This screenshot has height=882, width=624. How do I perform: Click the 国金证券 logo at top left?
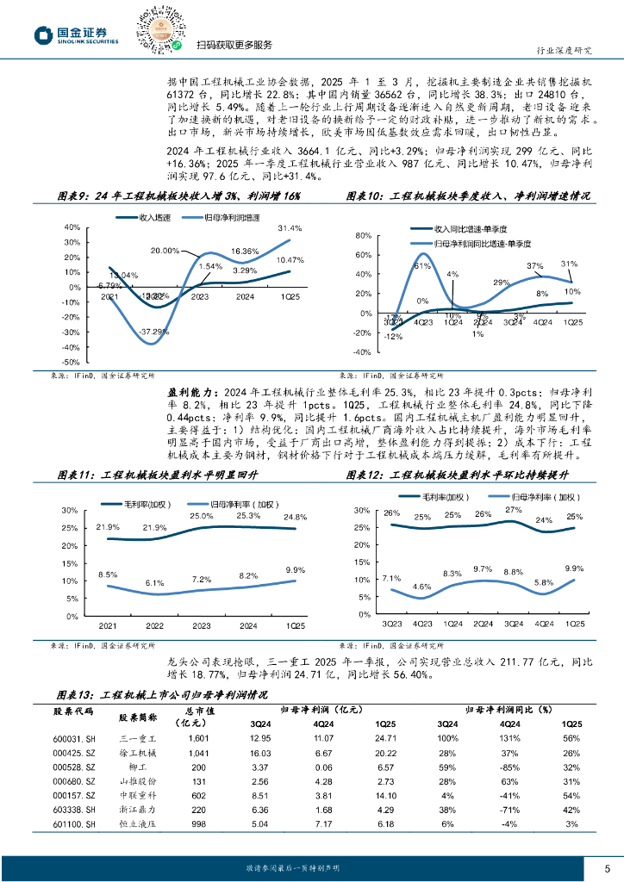pyautogui.click(x=76, y=34)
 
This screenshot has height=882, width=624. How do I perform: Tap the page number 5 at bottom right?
pyautogui.click(x=607, y=867)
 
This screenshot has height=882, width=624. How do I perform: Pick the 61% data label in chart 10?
pyautogui.click(x=421, y=266)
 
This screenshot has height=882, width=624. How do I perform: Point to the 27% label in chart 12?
pyautogui.click(x=514, y=510)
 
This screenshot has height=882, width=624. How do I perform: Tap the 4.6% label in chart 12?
pyautogui.click(x=421, y=586)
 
